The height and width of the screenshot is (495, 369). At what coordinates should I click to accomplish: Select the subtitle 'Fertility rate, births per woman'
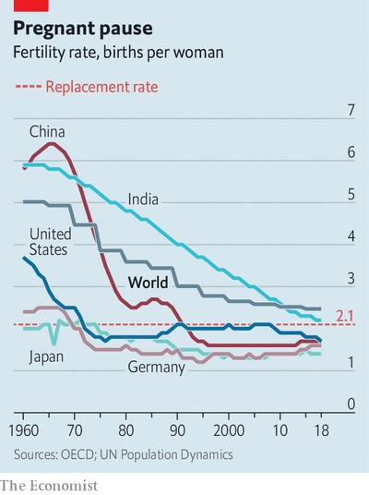tap(118, 53)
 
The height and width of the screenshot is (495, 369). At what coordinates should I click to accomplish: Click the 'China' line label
tap(46, 131)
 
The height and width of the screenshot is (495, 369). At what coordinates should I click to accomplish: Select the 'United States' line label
tap(50, 241)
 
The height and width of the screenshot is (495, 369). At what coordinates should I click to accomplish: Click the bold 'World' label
tap(147, 282)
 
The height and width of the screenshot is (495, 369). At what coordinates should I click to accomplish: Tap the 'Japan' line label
tap(46, 356)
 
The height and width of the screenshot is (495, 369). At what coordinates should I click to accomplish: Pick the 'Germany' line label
tap(157, 367)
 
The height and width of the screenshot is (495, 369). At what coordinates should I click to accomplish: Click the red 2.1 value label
tap(345, 318)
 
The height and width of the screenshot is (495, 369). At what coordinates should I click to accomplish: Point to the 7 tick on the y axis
tap(350, 111)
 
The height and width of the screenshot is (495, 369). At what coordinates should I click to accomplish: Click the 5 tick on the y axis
tap(350, 195)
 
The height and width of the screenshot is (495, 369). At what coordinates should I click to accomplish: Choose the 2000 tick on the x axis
tap(228, 430)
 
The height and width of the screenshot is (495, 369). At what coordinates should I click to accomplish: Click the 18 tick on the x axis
tap(319, 430)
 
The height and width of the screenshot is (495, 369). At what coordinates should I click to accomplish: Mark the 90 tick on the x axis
tap(177, 430)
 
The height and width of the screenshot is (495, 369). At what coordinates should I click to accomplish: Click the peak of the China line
tap(51, 143)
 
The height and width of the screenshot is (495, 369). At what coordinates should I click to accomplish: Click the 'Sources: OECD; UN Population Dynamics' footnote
tap(123, 454)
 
